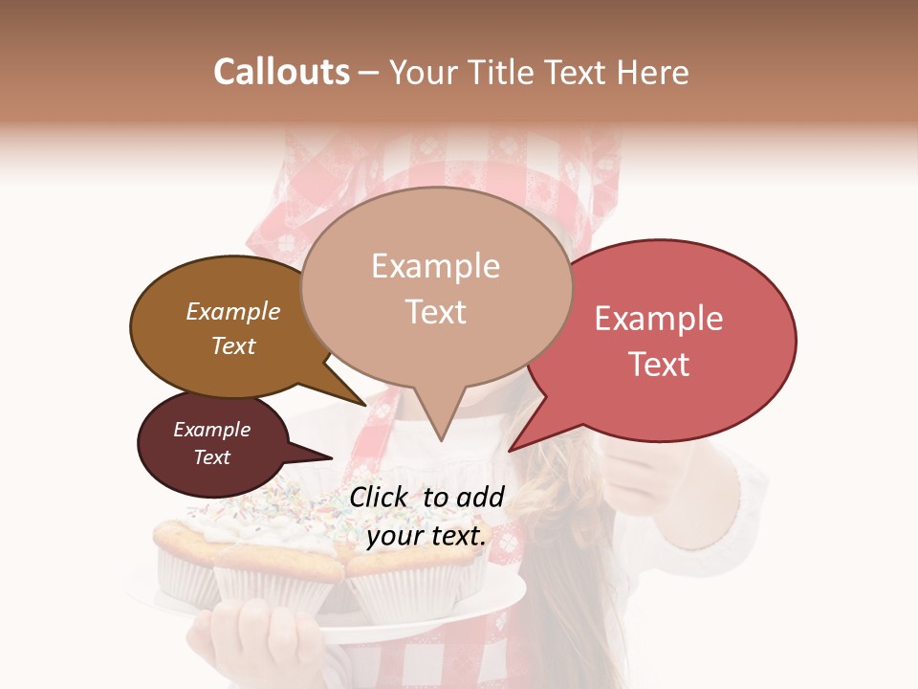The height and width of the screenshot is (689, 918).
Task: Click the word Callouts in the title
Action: [281, 72]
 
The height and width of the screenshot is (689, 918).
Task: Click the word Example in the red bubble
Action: [659, 319]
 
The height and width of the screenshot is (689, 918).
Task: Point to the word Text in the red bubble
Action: [659, 365]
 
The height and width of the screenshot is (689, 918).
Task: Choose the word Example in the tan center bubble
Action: [435, 266]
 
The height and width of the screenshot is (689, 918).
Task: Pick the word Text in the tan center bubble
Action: [435, 312]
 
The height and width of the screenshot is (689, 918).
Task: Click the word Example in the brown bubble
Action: [233, 311]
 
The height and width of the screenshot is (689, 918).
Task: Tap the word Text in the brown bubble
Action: [233, 345]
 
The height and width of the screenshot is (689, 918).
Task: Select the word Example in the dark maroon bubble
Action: [212, 430]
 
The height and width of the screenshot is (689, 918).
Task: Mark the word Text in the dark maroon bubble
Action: [212, 457]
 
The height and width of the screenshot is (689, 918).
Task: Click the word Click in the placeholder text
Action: [381, 497]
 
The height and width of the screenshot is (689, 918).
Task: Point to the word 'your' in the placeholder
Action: [394, 537]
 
